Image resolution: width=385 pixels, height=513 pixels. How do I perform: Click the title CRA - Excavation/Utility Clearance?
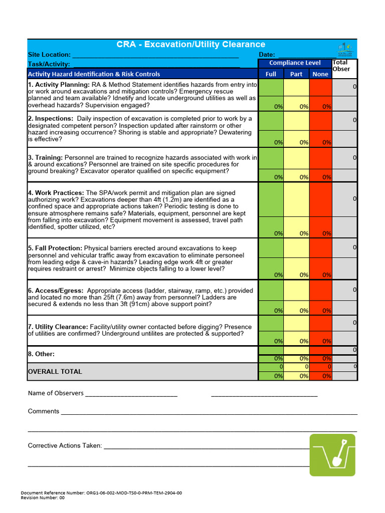[191, 45]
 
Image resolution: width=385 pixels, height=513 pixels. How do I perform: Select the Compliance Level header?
[295, 63]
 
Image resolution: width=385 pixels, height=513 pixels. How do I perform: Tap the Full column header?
[271, 74]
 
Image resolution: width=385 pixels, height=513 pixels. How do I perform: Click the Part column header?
[296, 74]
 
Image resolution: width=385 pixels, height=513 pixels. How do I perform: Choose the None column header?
[320, 74]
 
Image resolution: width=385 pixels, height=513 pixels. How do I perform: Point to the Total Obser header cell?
[344, 66]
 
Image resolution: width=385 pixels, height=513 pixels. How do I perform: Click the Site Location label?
[49, 55]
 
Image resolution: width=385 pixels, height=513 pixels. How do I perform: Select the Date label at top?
[267, 55]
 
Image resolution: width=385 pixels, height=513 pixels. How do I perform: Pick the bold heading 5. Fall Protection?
[55, 248]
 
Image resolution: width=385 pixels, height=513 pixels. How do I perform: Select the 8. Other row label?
[41, 354]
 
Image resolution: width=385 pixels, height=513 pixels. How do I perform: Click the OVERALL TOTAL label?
[55, 372]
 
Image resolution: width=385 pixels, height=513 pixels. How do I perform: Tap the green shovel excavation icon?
[332, 455]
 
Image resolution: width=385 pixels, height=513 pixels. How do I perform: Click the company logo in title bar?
[345, 49]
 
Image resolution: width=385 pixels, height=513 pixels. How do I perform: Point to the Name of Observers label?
[56, 393]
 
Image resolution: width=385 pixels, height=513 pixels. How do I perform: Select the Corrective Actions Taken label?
[65, 445]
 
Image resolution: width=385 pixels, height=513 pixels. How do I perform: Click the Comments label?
[44, 411]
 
